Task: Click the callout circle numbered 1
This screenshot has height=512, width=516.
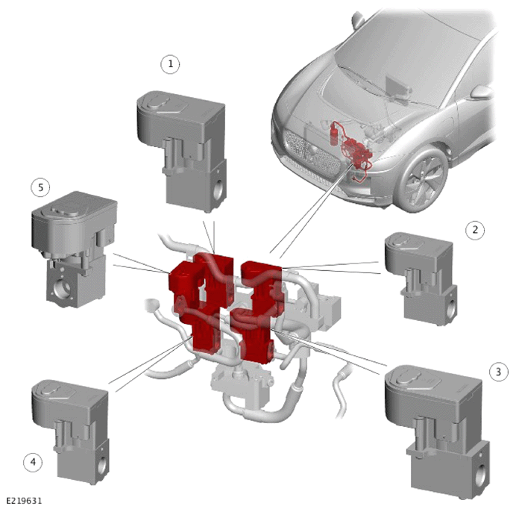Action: (x=170, y=64)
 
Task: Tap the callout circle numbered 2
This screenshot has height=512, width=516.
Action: (x=475, y=230)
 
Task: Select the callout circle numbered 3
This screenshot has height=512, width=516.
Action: (x=498, y=372)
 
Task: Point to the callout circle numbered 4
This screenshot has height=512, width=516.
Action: (x=33, y=462)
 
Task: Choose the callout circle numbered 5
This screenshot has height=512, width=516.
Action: (x=40, y=187)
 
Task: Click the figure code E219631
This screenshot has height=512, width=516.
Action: (x=25, y=501)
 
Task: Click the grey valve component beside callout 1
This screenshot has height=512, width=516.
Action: (x=182, y=152)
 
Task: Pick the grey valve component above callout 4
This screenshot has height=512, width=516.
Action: (x=70, y=432)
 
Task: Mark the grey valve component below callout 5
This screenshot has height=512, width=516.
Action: (x=75, y=249)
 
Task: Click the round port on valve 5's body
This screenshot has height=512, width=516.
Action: (x=62, y=287)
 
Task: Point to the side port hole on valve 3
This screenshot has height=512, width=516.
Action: (x=480, y=475)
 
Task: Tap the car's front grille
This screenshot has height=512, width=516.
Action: (x=312, y=152)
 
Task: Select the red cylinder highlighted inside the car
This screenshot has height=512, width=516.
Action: (x=335, y=134)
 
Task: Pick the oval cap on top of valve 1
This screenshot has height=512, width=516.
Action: (x=157, y=102)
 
